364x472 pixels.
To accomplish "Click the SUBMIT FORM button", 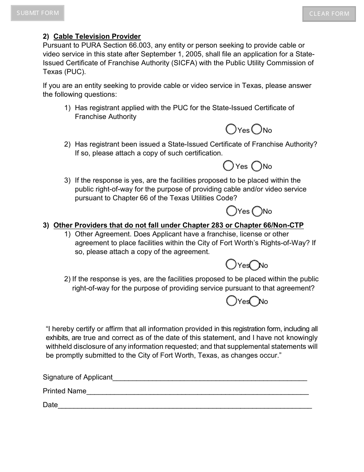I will tap(38, 13).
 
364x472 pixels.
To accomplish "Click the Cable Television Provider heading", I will tap(97, 36).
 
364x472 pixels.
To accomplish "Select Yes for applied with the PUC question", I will tap(231, 129).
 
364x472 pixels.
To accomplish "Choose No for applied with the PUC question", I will tap(257, 129).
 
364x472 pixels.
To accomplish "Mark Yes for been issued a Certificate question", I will tap(228, 166).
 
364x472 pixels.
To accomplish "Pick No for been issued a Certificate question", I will tap(257, 166).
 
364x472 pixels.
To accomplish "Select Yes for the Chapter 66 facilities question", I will tap(231, 211).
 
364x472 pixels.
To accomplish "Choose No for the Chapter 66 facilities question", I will tap(257, 211).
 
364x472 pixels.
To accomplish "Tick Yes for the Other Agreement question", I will tap(231, 264).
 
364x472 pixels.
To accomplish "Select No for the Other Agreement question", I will tap(255, 265).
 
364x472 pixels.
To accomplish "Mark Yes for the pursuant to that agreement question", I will tap(231, 301).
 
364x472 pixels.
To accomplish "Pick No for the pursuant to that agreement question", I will tap(255, 301).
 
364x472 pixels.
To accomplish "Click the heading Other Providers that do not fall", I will tap(179, 225).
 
